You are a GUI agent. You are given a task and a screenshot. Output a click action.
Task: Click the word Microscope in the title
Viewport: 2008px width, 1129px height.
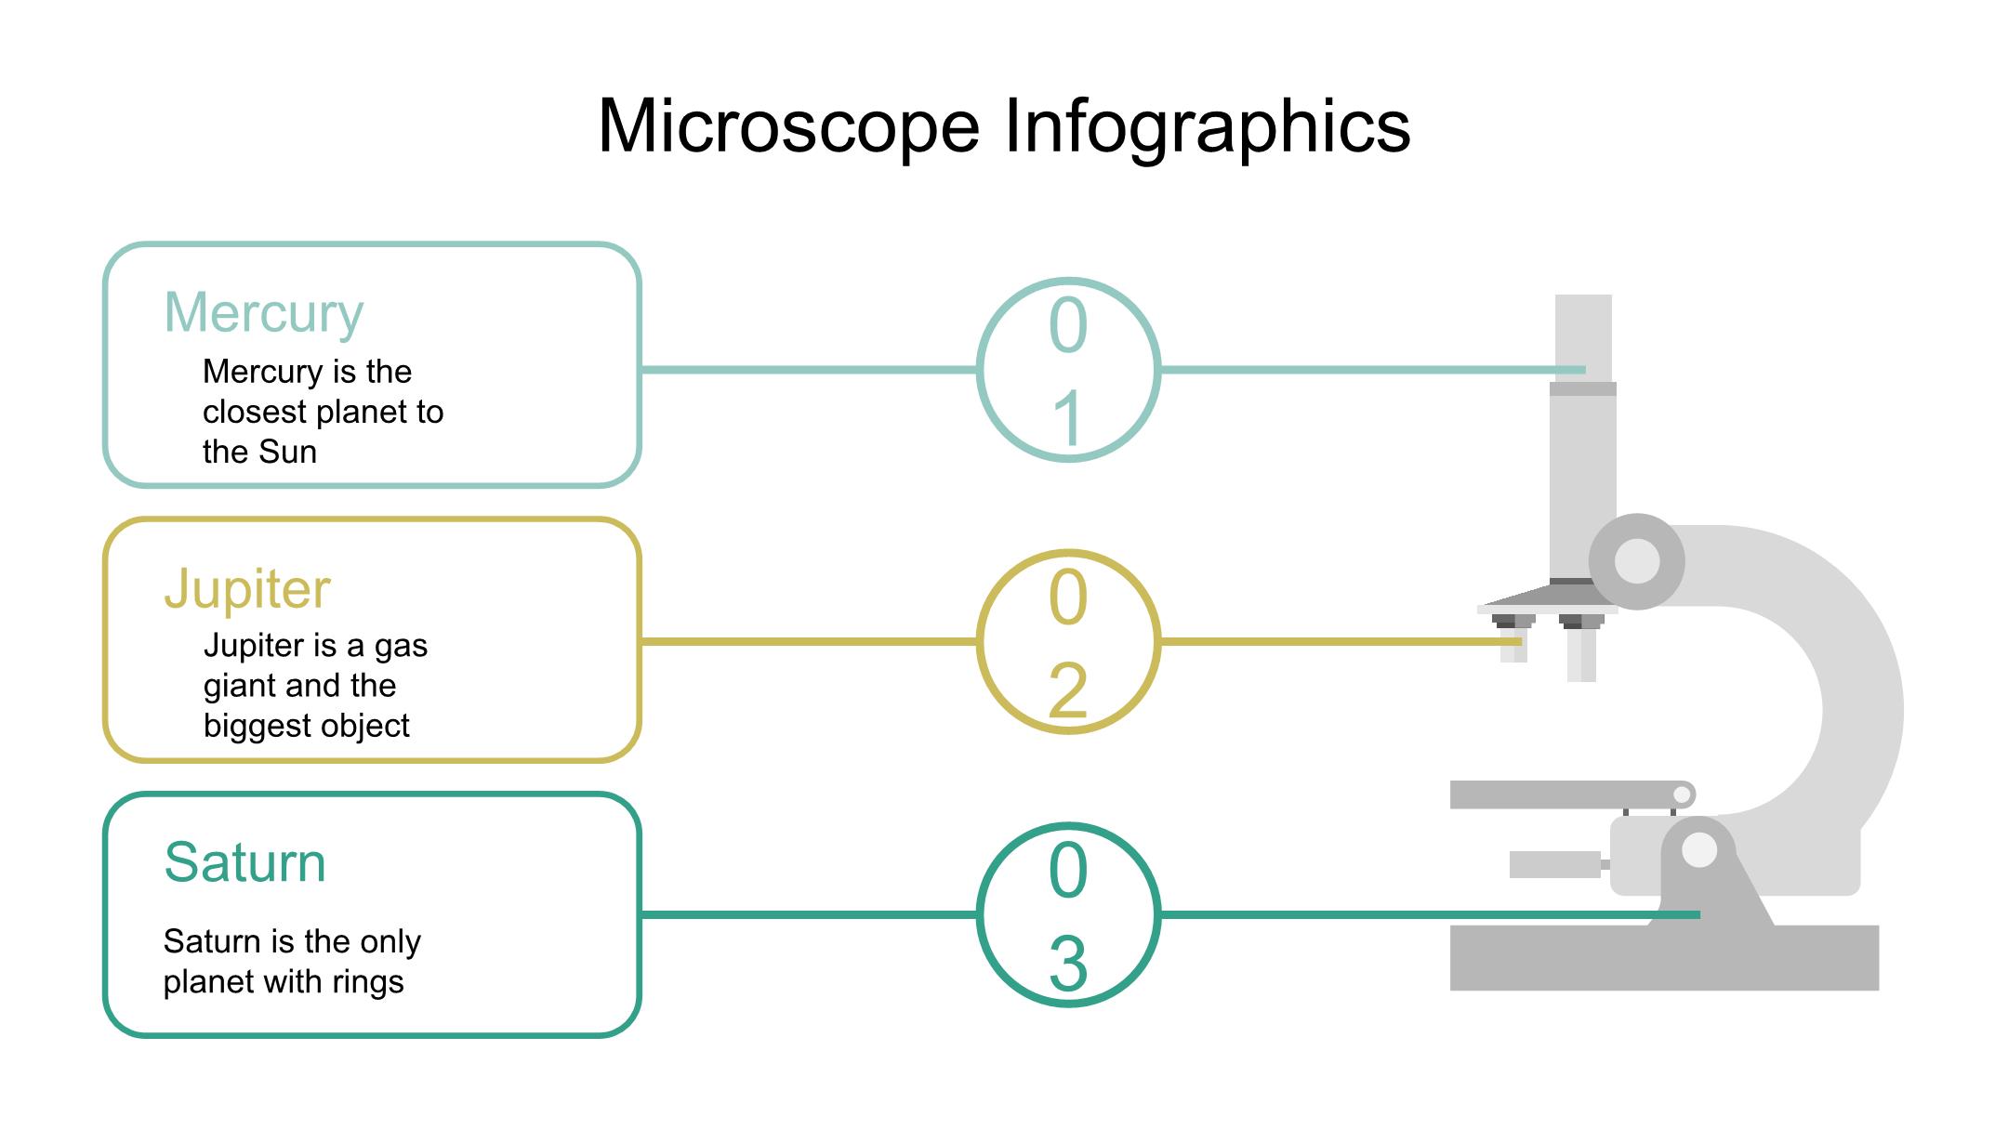(788, 126)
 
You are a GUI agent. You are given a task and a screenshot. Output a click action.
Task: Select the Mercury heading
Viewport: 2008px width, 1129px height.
(263, 313)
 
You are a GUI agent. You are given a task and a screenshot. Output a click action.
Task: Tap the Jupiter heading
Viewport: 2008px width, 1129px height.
(247, 589)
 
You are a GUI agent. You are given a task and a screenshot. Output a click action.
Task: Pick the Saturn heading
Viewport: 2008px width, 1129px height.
(244, 862)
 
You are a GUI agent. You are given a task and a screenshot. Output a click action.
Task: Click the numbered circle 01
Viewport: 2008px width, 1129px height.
(1068, 370)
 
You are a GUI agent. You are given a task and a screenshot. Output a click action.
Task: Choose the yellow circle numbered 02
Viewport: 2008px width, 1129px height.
(1068, 642)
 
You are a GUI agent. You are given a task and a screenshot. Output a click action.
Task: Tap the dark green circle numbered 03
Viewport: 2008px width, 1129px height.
(1068, 915)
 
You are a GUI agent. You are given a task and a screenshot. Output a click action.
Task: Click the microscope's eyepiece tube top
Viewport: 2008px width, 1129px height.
(1583, 325)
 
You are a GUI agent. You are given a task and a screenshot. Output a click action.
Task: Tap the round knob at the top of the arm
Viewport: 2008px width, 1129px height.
(1637, 561)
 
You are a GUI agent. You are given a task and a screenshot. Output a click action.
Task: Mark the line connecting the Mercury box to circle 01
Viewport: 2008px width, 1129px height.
(809, 370)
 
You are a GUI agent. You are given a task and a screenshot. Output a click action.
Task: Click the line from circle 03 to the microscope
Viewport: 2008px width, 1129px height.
(1394, 915)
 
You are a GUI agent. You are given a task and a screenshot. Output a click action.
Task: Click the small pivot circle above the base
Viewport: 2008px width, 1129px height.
(1699, 850)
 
